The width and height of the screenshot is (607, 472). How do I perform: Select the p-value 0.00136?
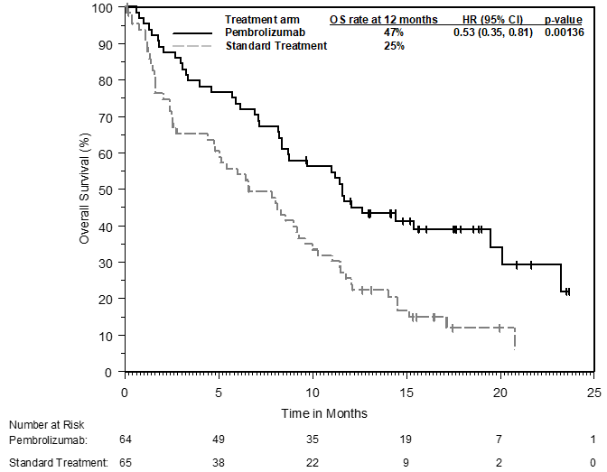(564, 32)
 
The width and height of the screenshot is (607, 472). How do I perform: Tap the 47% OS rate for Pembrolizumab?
(394, 32)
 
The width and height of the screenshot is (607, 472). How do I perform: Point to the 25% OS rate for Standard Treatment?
(394, 46)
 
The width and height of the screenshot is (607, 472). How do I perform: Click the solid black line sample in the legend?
(192, 33)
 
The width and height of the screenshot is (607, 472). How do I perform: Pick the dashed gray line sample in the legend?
(192, 46)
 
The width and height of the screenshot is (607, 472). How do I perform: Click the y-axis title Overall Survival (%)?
(84, 189)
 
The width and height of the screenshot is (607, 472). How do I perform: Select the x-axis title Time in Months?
(324, 413)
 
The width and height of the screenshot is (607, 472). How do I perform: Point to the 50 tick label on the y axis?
(105, 190)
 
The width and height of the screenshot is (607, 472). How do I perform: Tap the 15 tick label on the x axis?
(406, 393)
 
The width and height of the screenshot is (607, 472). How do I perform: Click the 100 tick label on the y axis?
(102, 8)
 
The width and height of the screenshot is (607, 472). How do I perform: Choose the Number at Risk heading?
(46, 425)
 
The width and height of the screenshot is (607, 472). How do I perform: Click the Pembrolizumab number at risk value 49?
(219, 440)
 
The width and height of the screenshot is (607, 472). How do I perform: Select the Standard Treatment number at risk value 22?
(313, 463)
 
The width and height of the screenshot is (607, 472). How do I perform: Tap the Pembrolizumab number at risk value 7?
(499, 440)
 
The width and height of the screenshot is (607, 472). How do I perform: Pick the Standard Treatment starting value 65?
(126, 463)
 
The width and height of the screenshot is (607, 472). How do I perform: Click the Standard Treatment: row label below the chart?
(59, 463)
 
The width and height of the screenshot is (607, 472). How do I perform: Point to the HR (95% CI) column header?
(492, 20)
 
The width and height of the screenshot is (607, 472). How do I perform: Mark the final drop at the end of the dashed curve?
(515, 339)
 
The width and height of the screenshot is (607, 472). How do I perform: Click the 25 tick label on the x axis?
(593, 393)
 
